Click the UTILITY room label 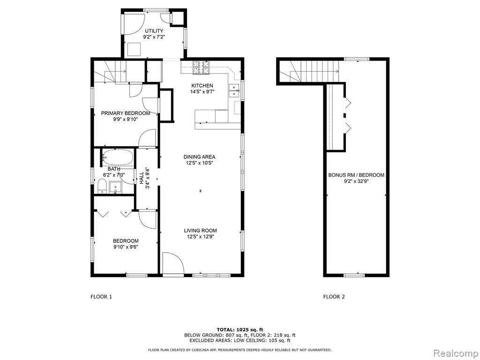(x=154, y=31)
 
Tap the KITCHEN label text (x=202, y=86)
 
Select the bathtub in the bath (x=118, y=157)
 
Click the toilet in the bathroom (x=102, y=187)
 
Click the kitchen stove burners (x=201, y=67)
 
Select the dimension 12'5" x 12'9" (x=201, y=237)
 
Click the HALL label (x=142, y=178)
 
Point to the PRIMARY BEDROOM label (x=126, y=113)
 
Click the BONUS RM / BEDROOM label (x=356, y=175)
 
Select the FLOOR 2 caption (x=334, y=297)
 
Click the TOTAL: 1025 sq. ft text (x=240, y=330)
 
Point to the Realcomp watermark (x=455, y=353)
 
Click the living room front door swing (x=173, y=263)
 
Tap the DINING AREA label (x=199, y=157)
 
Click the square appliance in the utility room (x=134, y=49)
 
